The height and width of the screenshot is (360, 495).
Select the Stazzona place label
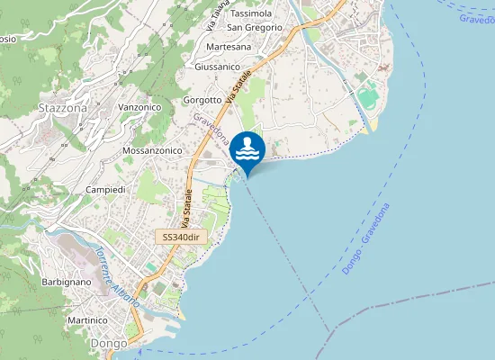coord(63,108)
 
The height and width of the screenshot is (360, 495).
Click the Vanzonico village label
coord(139,107)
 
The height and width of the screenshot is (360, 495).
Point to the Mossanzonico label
coord(153,151)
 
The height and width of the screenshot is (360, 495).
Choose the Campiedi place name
coord(105,190)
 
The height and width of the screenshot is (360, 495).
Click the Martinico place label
coord(94,319)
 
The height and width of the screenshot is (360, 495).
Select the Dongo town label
coord(108,344)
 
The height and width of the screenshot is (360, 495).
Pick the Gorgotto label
coord(202,99)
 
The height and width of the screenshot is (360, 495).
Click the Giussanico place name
coord(217,67)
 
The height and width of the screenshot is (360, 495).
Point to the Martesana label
coord(229,47)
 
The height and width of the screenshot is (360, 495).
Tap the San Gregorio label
coord(255,28)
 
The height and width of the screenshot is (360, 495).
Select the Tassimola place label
coord(251,14)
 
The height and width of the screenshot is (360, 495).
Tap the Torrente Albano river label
coord(118,275)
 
